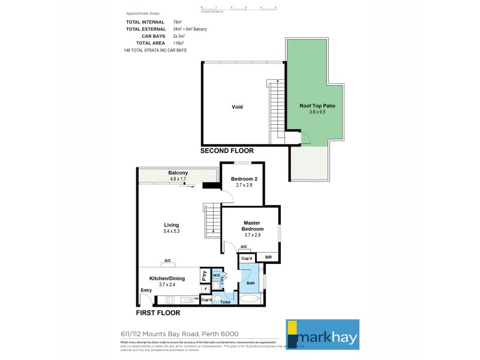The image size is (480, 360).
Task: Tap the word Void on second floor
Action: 237,107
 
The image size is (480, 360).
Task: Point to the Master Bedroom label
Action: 251,226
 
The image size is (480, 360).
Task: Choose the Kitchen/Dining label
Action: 167,278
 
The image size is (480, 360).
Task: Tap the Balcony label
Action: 178,173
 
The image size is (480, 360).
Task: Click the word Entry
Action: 146,290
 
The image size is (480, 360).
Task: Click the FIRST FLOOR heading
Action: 158,313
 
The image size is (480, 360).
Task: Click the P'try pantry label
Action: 204,275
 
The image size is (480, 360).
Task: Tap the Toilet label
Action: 226,302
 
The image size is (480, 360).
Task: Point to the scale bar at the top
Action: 238,8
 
